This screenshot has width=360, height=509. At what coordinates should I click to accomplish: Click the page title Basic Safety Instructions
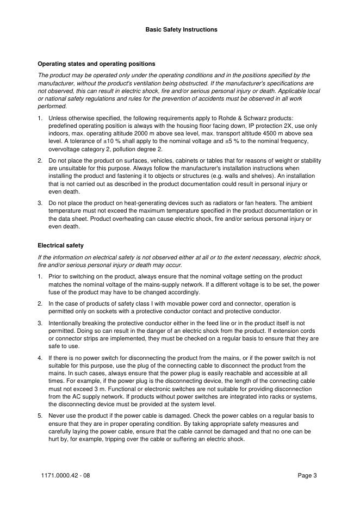[181, 29]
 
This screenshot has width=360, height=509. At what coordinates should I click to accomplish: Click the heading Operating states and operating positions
[96, 64]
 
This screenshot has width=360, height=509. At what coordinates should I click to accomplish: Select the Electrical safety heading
[60, 245]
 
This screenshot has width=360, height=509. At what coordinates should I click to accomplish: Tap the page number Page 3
[307, 476]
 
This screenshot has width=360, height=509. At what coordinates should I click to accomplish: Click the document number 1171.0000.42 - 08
[66, 476]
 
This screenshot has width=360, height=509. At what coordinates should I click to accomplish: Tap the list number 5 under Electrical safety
[40, 415]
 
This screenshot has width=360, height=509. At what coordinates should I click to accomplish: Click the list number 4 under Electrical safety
[40, 358]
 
